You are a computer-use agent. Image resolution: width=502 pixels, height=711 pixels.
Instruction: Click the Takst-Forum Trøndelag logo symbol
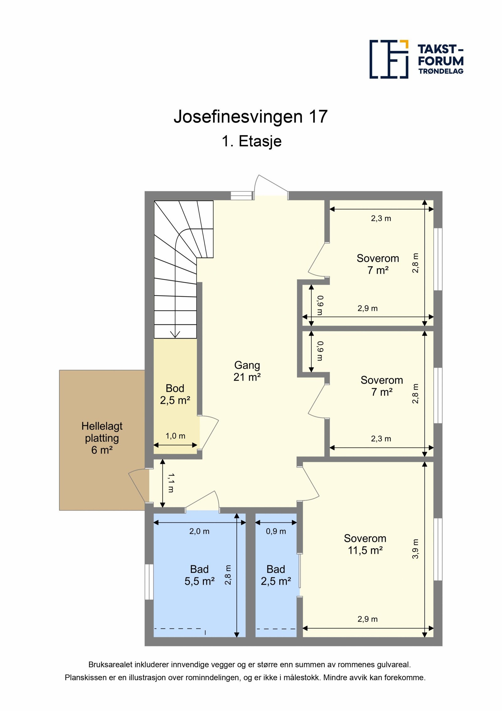tap(389, 59)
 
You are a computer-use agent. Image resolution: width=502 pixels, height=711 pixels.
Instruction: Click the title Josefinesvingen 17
tap(250, 117)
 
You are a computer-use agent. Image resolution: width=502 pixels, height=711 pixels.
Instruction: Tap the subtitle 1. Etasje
tap(251, 141)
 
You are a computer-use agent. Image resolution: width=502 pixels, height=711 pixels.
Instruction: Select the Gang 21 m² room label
tap(247, 371)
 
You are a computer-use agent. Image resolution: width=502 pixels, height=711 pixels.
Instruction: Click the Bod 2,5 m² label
tap(175, 394)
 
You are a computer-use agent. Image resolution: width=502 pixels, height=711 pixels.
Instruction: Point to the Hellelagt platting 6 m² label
tap(102, 438)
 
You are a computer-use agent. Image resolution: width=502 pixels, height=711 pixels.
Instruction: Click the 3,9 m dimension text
tap(415, 549)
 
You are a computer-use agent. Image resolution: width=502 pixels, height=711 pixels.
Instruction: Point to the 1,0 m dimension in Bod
tap(175, 436)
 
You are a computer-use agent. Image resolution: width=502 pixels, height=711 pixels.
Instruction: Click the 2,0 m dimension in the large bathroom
tap(199, 531)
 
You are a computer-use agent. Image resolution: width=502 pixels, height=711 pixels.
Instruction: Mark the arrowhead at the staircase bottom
tap(175, 335)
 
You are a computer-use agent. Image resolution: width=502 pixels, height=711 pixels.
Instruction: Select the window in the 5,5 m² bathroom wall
tap(149, 582)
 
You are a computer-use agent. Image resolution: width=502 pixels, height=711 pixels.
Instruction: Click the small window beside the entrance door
tap(242, 196)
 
